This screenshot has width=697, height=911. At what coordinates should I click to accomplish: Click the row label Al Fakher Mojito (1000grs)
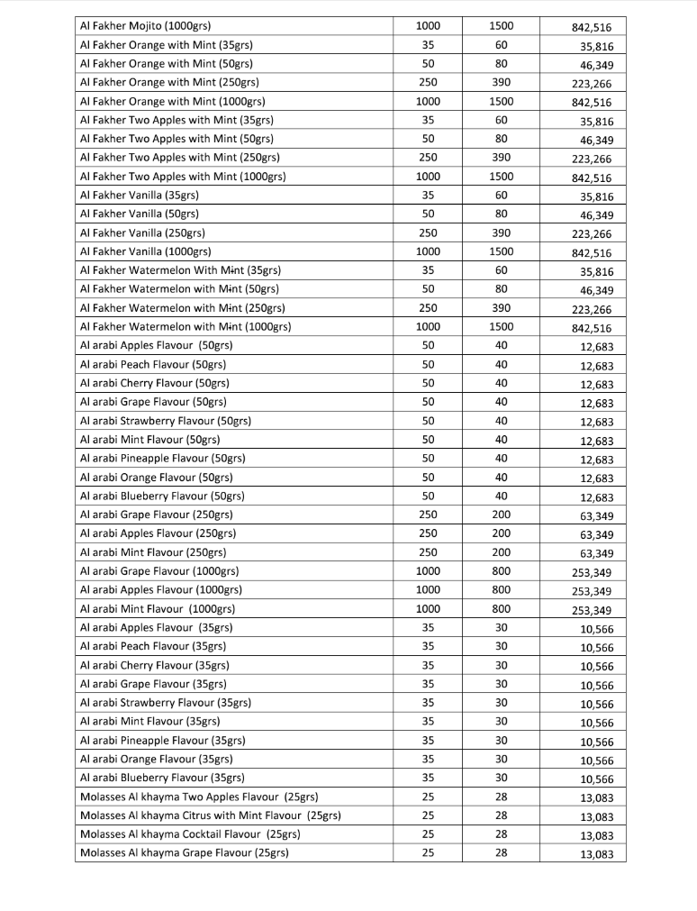coord(152,26)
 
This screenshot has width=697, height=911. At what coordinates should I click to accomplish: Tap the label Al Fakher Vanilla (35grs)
coord(140,195)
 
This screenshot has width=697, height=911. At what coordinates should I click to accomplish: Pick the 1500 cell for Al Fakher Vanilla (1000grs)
coord(502,251)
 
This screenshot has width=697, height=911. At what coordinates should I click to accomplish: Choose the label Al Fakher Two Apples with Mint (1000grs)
coord(183,177)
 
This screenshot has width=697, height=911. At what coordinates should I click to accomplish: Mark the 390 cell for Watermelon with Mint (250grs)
coord(502,307)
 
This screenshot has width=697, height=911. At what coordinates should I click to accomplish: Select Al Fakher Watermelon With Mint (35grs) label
coord(180,270)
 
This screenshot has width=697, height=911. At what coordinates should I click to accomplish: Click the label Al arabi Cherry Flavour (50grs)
coord(153,383)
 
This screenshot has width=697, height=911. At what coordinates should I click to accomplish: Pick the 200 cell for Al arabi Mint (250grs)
coord(502,552)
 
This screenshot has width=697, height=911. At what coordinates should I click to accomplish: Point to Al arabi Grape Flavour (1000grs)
coord(159,570)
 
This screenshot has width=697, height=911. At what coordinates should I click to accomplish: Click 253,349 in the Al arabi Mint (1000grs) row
coord(592,610)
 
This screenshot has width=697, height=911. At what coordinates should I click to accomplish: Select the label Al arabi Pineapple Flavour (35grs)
coord(163,740)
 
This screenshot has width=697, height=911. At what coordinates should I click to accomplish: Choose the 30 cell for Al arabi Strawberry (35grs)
coord(502,702)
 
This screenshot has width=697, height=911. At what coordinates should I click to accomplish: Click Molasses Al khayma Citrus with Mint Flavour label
coord(210,815)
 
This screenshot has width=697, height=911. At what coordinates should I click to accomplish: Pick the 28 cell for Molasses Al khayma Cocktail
coord(502,834)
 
